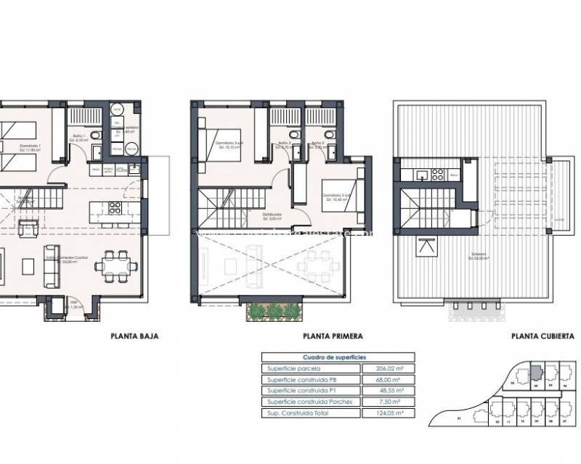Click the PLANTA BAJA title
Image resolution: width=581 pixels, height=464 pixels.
[134, 336]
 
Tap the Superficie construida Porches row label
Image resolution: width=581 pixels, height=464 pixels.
[310, 402]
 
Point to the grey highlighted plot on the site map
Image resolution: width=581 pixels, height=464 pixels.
[535, 370]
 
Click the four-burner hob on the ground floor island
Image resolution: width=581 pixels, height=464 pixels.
[115, 208]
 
